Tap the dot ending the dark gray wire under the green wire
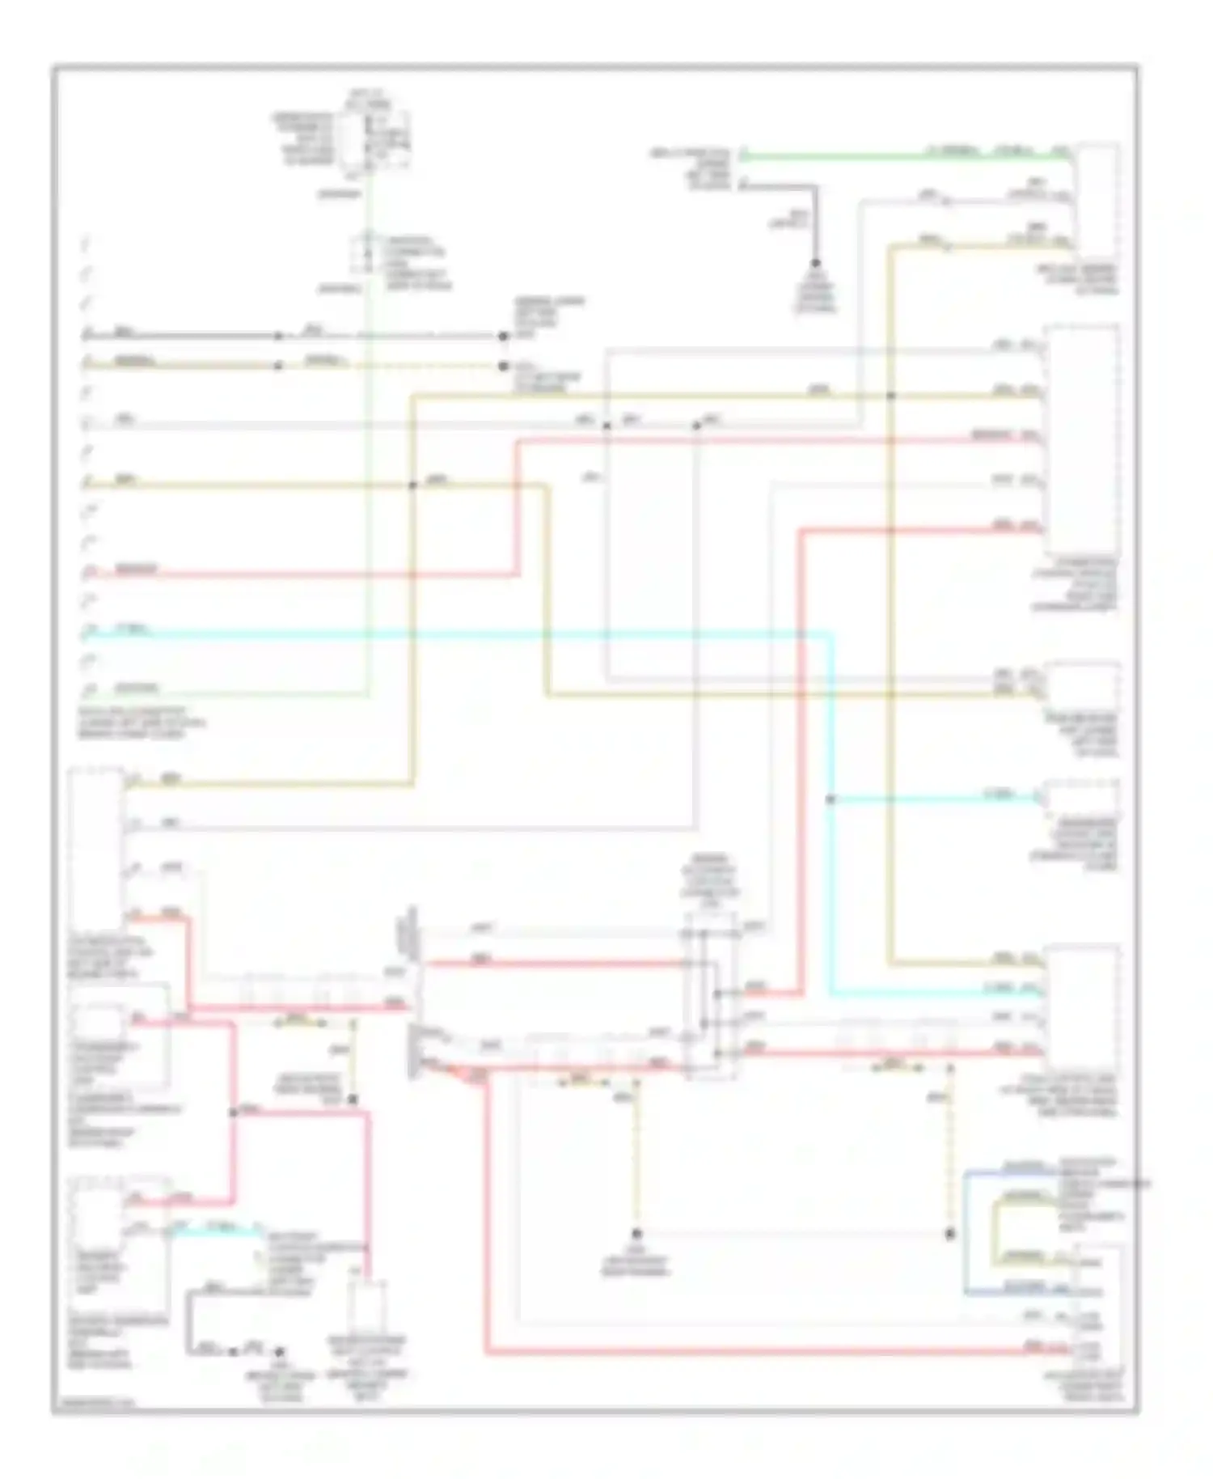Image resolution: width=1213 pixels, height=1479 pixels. pyautogui.click(x=815, y=263)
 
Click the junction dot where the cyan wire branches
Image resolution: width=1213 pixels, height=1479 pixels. pyautogui.click(x=831, y=799)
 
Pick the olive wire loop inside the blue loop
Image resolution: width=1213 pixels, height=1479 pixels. pyautogui.click(x=998, y=1230)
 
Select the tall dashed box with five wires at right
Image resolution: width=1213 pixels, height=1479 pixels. pyautogui.click(x=1082, y=441)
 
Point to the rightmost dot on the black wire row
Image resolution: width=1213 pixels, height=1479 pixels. pyautogui.click(x=503, y=336)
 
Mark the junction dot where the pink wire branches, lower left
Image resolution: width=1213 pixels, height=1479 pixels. pyautogui.click(x=234, y=1112)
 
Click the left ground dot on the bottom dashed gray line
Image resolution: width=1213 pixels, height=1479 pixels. pyautogui.click(x=636, y=1234)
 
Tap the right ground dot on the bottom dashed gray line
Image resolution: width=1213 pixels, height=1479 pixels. pyautogui.click(x=950, y=1234)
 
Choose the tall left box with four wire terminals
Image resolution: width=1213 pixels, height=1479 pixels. pyautogui.click(x=96, y=850)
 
